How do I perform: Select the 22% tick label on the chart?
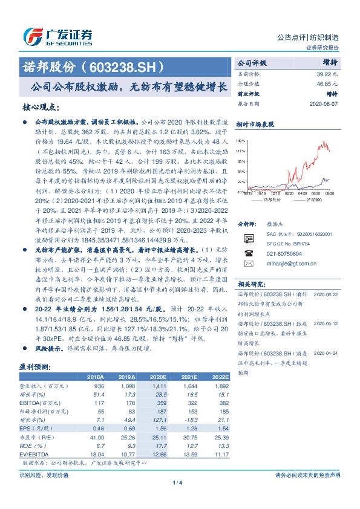[x=241, y=181]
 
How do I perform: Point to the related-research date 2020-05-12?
[x=326, y=323]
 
